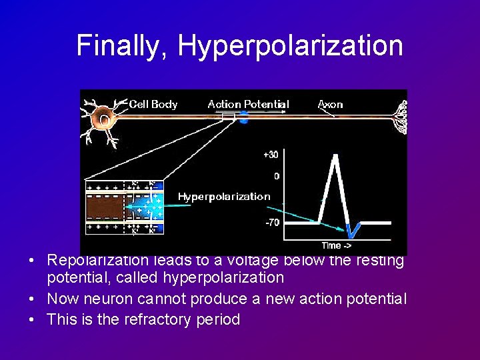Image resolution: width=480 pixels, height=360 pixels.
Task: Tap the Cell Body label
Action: tap(153, 104)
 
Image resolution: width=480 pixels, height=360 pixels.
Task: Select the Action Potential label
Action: tap(248, 104)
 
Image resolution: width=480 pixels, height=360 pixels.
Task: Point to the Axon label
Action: tap(331, 104)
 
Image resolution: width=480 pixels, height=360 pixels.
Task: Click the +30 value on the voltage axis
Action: tap(271, 155)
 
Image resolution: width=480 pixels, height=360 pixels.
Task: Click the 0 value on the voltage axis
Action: tap(276, 177)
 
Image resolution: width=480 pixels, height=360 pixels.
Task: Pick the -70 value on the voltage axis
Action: tap(272, 223)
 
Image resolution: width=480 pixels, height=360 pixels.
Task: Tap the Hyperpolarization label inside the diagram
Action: tap(224, 196)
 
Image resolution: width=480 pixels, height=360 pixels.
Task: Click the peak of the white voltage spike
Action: tap(335, 156)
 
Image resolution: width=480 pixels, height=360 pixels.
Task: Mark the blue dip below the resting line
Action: tap(353, 231)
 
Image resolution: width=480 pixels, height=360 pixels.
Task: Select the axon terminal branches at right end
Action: tap(400, 117)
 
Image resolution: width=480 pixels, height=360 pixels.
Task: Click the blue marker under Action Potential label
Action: tap(244, 121)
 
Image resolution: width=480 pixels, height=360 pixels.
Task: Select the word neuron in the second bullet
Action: tap(109, 299)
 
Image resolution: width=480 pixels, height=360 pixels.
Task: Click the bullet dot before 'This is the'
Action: tap(33, 319)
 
